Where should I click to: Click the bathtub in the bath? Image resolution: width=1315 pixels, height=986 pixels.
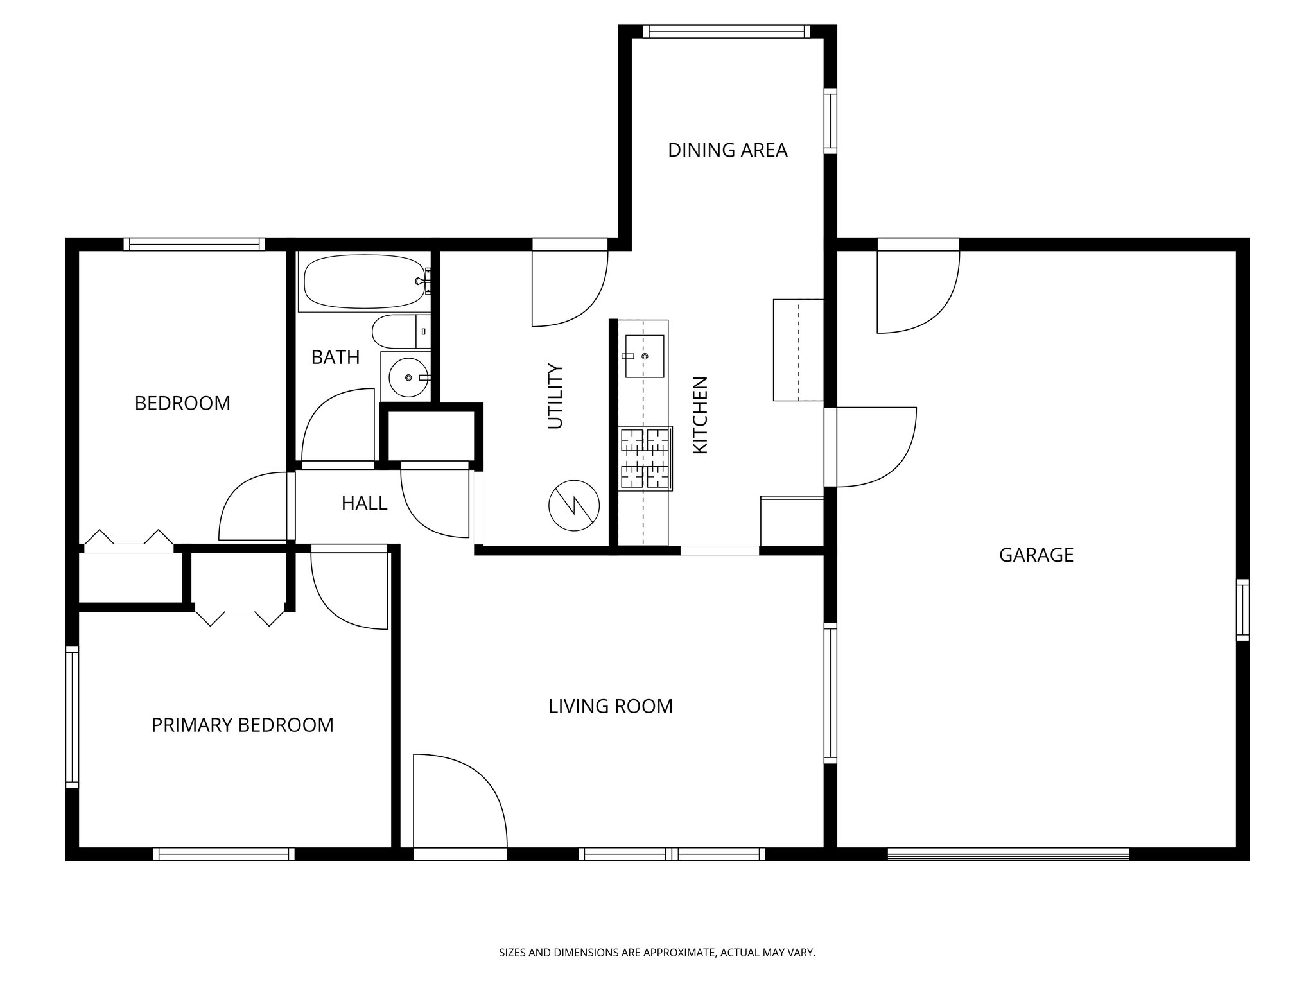click(x=363, y=282)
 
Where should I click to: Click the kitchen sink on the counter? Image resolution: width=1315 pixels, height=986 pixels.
click(x=644, y=356)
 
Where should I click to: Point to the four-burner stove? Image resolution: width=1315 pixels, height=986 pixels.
click(x=645, y=458)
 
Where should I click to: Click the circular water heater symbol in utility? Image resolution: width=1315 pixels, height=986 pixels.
click(x=573, y=505)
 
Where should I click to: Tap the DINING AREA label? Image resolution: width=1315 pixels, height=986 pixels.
click(x=727, y=150)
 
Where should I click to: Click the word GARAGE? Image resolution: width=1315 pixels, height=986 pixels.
click(x=1036, y=555)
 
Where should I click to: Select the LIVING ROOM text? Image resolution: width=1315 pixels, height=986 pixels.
click(x=610, y=706)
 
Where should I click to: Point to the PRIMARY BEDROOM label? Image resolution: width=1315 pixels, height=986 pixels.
click(x=242, y=725)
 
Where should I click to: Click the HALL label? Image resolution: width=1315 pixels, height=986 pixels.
click(x=364, y=503)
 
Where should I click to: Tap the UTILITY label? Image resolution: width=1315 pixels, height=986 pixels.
click(x=555, y=396)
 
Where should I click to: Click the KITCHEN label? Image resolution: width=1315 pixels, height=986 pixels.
click(x=700, y=415)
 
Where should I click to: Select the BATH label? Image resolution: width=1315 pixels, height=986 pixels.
click(x=335, y=357)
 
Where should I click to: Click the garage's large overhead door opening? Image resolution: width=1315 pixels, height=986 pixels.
click(x=1007, y=854)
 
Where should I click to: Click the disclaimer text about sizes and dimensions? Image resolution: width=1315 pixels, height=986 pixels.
click(x=657, y=953)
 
